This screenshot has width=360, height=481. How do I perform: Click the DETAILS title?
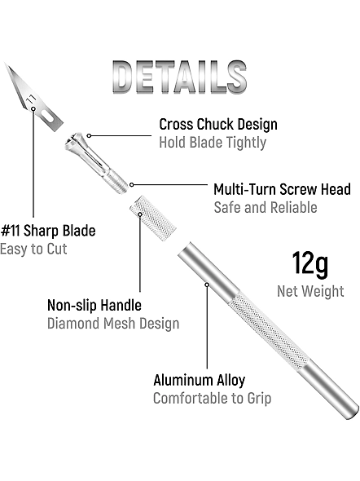pyautogui.click(x=179, y=77)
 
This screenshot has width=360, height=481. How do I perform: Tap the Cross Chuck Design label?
pyautogui.click(x=218, y=125)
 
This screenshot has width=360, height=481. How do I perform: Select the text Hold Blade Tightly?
pyautogui.click(x=213, y=143)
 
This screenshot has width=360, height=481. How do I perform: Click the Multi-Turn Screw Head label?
pyautogui.click(x=282, y=189)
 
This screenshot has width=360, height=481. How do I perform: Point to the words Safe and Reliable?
pyautogui.click(x=266, y=207)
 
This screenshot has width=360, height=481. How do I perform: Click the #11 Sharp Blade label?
pyautogui.click(x=48, y=231)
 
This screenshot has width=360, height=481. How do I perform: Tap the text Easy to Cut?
pyautogui.click(x=33, y=249)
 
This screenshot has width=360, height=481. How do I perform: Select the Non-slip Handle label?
pyautogui.click(x=94, y=305)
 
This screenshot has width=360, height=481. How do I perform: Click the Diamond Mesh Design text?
pyautogui.click(x=113, y=324)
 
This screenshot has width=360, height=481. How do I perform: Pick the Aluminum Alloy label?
pyautogui.click(x=200, y=380)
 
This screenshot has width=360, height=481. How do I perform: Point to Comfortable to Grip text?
pyautogui.click(x=212, y=399)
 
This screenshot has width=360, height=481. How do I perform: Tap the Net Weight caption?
pyautogui.click(x=310, y=291)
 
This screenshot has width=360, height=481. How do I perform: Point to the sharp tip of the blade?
pyautogui.click(x=5, y=64)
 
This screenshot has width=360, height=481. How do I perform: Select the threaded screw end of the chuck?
pyautogui.click(x=118, y=183)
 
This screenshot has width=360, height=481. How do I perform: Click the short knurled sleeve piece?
pyautogui.click(x=152, y=218)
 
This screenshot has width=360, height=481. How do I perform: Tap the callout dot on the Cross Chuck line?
pyautogui.click(x=89, y=135)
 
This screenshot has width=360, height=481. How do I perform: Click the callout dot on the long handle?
pyautogui.click(x=207, y=285)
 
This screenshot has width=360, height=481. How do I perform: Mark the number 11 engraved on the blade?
pyautogui.click(x=31, y=99)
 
